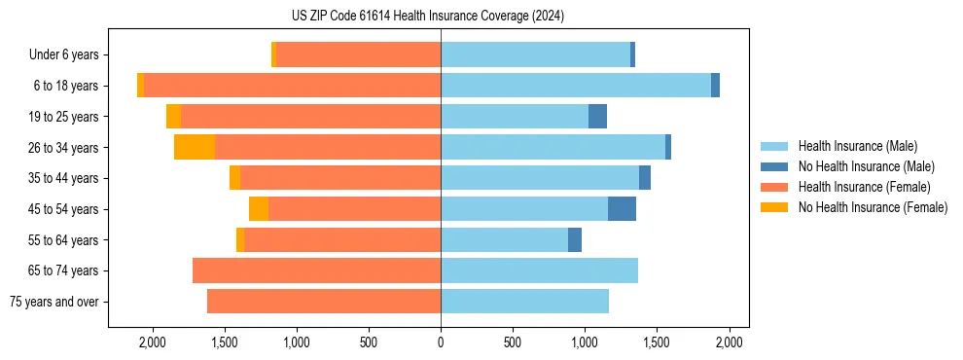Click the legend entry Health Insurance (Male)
click(x=857, y=146)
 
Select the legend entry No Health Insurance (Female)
click(x=873, y=207)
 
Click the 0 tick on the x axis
click(x=441, y=342)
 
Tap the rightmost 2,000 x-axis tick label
click(x=730, y=342)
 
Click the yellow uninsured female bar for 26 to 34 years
click(x=195, y=147)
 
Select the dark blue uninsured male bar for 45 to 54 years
click(x=622, y=209)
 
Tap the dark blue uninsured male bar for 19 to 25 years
click(x=597, y=117)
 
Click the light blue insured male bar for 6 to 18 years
click(x=576, y=86)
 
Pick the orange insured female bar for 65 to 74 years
click(x=316, y=270)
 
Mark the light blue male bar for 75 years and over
click(x=524, y=302)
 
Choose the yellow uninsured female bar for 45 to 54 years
click(x=259, y=209)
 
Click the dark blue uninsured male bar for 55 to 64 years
click(x=575, y=239)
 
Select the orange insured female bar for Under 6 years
click(x=358, y=54)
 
